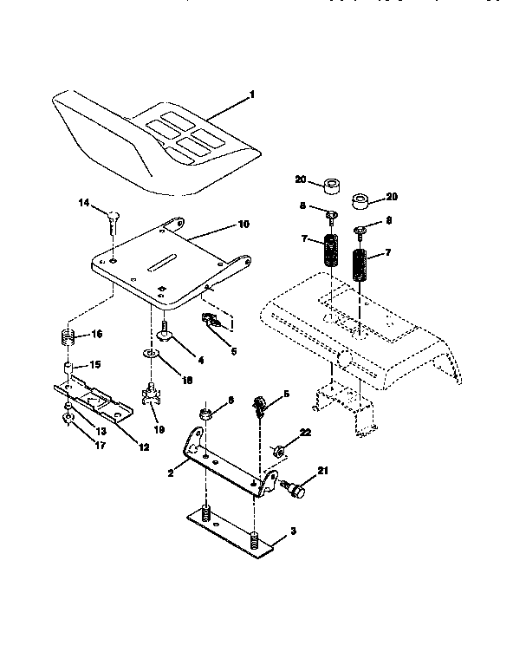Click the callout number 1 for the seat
pos(252,95)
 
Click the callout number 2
pos(172,473)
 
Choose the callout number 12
pos(144,447)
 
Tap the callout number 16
pos(97,334)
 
